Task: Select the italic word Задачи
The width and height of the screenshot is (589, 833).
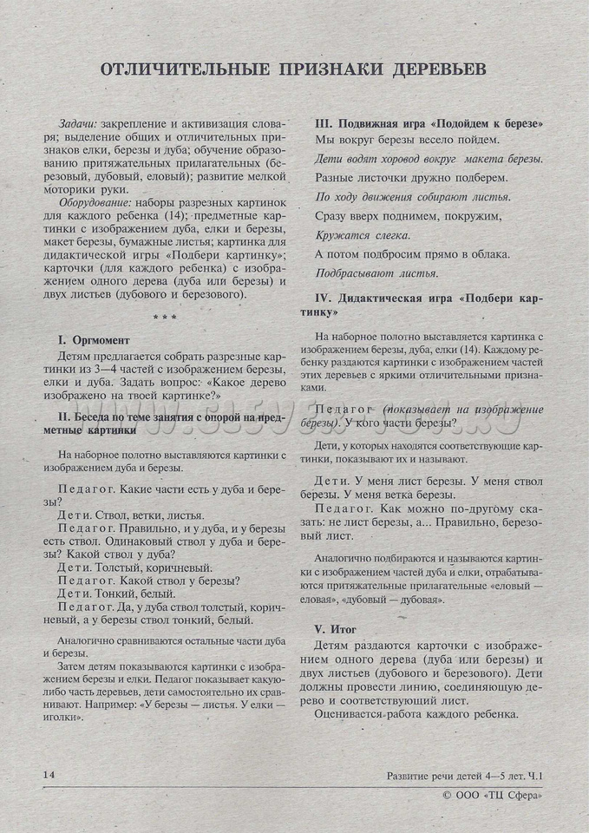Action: [x=77, y=123]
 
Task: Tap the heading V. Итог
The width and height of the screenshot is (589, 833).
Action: [x=337, y=628]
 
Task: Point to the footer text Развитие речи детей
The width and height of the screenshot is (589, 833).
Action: [x=442, y=775]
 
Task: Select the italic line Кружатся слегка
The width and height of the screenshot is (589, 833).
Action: [x=363, y=234]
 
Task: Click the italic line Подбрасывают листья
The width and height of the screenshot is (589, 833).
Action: [x=376, y=272]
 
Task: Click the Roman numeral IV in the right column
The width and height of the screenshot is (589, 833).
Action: [x=320, y=298]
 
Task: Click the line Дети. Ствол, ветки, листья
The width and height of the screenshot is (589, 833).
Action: [x=131, y=515]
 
